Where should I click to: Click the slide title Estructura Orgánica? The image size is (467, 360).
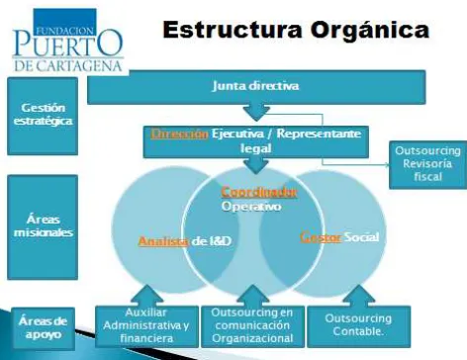pos(296,31)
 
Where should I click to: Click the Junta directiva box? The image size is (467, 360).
pos(256,87)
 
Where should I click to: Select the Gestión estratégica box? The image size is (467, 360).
pos(43,116)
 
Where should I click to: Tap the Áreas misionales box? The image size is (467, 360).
pos(43,227)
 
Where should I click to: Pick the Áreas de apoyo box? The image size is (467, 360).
pos(43,328)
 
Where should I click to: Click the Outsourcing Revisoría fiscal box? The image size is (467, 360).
pos(427,164)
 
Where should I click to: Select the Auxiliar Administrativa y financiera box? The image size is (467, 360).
pos(146,326)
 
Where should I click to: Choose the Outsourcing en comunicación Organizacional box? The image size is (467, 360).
pos(252,326)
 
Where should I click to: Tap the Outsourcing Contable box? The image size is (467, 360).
pos(359,326)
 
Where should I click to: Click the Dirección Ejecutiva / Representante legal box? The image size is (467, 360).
pos(256,141)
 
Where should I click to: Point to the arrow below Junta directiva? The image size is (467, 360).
pos(256,113)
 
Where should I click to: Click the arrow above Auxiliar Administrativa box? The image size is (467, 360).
pos(146,296)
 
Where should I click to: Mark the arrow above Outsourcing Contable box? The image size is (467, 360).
pos(358,296)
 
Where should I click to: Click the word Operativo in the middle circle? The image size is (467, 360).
pos(251,207)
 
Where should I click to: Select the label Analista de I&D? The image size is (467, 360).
pos(185,241)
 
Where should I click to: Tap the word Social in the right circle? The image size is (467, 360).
pos(362,237)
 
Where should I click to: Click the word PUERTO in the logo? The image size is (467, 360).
pos(68,44)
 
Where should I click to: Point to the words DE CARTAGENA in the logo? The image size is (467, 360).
pos(68,65)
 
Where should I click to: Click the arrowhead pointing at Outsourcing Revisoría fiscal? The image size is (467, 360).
pos(387,164)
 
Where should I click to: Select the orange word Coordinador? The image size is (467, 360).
pos(259,192)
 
